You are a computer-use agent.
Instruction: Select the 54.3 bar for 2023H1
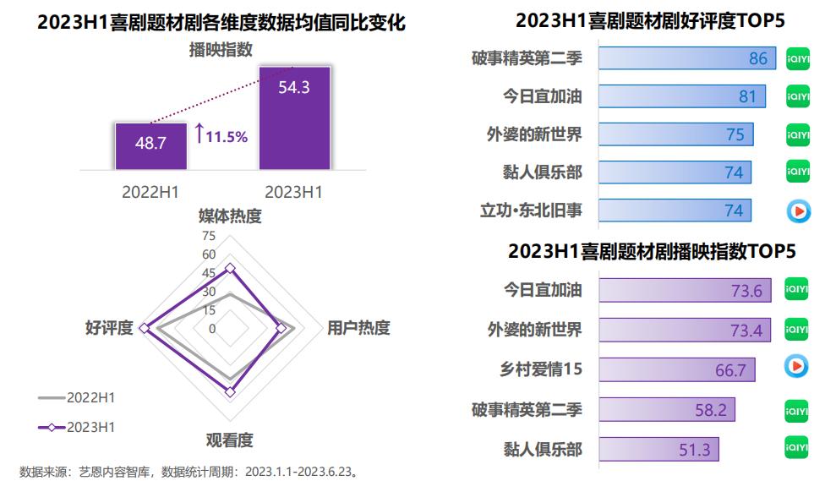(294, 118)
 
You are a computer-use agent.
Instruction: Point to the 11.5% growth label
(222, 135)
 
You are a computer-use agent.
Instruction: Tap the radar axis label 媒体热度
(230, 216)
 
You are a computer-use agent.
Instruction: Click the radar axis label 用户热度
(358, 328)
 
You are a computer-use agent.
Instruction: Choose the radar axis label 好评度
(109, 328)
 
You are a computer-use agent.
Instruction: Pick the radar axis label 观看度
(230, 440)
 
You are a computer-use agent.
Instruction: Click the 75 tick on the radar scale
(209, 236)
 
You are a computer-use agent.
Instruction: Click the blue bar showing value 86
(686, 58)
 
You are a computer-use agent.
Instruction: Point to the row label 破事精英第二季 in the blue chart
(527, 58)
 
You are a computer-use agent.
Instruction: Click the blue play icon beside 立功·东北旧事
(797, 210)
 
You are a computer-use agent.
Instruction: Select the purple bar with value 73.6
(686, 291)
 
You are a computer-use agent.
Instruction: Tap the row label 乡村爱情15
(541, 369)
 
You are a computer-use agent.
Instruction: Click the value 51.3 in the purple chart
(695, 450)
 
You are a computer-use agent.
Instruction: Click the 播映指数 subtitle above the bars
(221, 50)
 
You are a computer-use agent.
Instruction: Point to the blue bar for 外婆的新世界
(675, 134)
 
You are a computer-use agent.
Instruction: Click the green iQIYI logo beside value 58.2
(796, 409)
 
